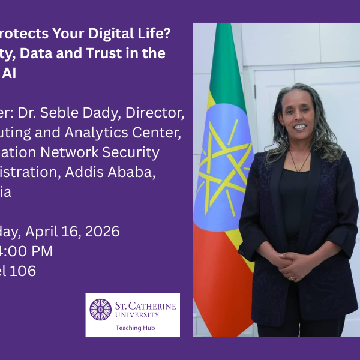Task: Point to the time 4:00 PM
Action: point(27,251)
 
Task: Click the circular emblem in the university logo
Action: point(100,310)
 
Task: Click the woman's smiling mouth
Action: point(299,127)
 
